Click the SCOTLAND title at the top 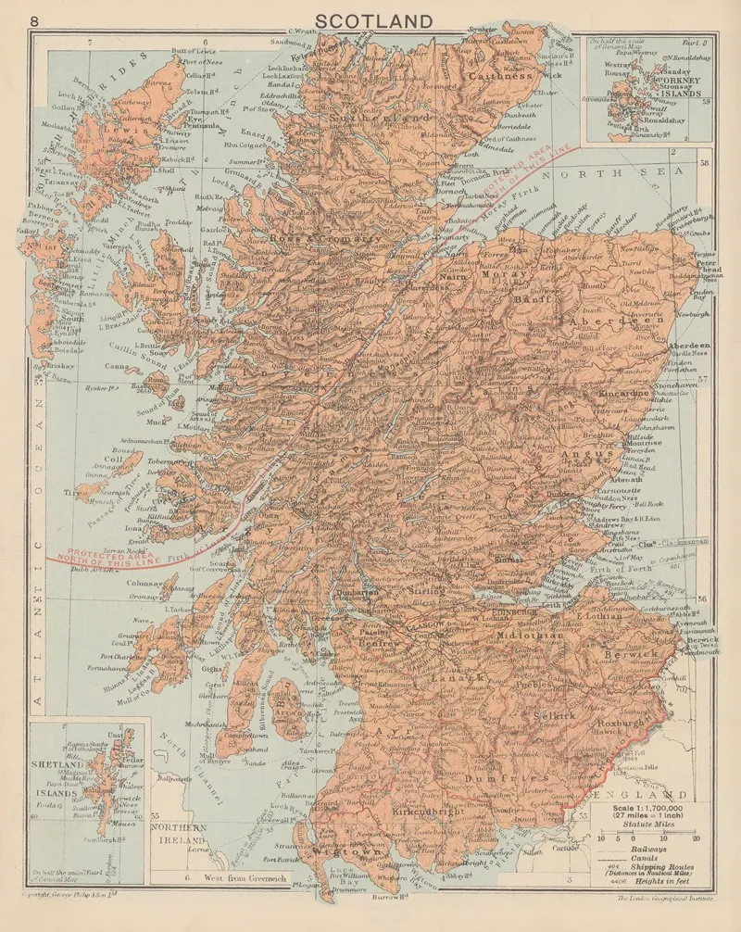tap(374, 20)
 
